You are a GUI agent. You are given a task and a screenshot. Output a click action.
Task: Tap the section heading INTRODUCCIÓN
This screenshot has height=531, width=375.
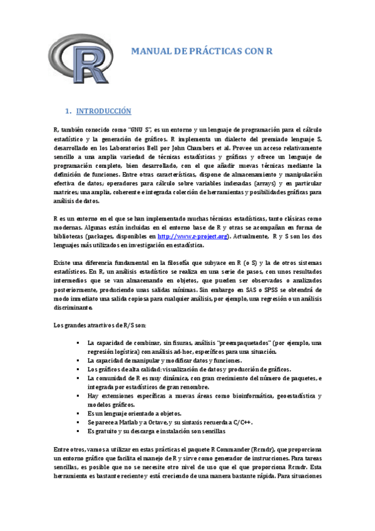[x=103, y=111]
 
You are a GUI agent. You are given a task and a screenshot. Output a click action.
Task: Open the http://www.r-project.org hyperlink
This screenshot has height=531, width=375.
[x=192, y=237]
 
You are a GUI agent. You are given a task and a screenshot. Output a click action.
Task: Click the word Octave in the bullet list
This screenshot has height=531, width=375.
[x=160, y=423]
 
